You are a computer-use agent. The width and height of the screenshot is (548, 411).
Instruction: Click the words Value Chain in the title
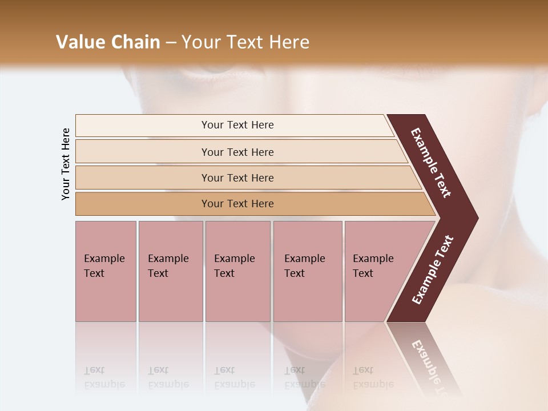click(108, 42)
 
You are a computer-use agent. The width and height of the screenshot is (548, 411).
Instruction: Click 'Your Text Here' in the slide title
click(245, 42)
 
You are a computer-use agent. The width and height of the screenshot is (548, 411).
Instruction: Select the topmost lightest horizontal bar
click(143, 126)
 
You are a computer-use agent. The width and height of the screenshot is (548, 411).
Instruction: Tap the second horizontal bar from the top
click(143, 152)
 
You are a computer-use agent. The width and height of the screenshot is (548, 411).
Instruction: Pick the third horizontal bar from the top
click(143, 178)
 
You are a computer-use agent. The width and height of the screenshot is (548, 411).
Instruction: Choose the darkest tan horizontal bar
click(143, 204)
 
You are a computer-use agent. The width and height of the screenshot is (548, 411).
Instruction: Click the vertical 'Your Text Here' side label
click(66, 164)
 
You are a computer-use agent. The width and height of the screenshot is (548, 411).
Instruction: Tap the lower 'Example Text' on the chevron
click(432, 270)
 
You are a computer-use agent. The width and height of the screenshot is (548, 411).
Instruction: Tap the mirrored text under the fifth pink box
click(373, 377)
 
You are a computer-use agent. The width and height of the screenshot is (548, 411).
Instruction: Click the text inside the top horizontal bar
click(237, 125)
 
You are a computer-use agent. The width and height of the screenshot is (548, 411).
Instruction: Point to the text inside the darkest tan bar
click(237, 204)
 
